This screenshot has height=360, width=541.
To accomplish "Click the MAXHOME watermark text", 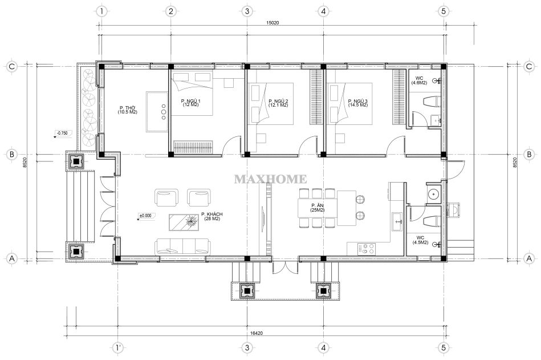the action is click(270, 179).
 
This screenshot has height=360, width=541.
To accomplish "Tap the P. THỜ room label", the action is click(127, 110).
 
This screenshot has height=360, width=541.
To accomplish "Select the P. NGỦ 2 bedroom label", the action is click(278, 103).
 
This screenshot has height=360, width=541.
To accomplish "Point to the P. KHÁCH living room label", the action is click(212, 216).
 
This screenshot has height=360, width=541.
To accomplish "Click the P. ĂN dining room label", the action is click(317, 208).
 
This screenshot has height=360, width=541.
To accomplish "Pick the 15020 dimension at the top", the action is click(272, 23).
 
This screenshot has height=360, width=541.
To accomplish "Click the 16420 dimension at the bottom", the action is click(257, 333).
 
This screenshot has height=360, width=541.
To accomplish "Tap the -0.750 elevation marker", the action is click(63, 133).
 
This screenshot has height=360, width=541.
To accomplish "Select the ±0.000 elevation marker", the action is click(145, 216).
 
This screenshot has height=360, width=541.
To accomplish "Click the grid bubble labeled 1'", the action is click(119, 347).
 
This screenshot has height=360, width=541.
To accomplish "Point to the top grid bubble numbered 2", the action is click(170, 11).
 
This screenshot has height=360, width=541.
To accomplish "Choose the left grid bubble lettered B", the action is click(12, 154).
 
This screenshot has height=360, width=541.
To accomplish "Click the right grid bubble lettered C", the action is click(529, 66).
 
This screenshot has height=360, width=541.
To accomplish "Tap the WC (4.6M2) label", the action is click(419, 81).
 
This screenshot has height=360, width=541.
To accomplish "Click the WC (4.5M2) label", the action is click(420, 240).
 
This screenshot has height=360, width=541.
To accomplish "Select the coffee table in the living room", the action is click(185, 222).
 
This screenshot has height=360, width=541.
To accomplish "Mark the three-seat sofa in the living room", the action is click(183, 246).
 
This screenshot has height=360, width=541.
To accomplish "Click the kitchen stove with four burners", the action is click(366, 249).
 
